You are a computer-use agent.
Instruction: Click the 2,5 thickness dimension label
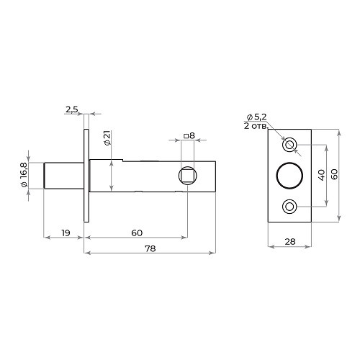(x=72, y=109)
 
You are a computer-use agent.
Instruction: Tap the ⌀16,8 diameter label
(x=24, y=174)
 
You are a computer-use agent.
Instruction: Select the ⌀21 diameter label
(x=107, y=138)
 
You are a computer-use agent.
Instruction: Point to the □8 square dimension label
(x=189, y=136)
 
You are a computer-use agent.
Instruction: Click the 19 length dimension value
(x=66, y=233)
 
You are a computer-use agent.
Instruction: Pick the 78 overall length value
(x=150, y=248)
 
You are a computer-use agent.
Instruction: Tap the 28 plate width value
(x=290, y=242)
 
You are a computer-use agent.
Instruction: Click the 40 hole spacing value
(x=322, y=175)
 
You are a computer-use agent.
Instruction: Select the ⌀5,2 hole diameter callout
(x=256, y=117)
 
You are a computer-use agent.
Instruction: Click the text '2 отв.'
(x=256, y=126)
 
